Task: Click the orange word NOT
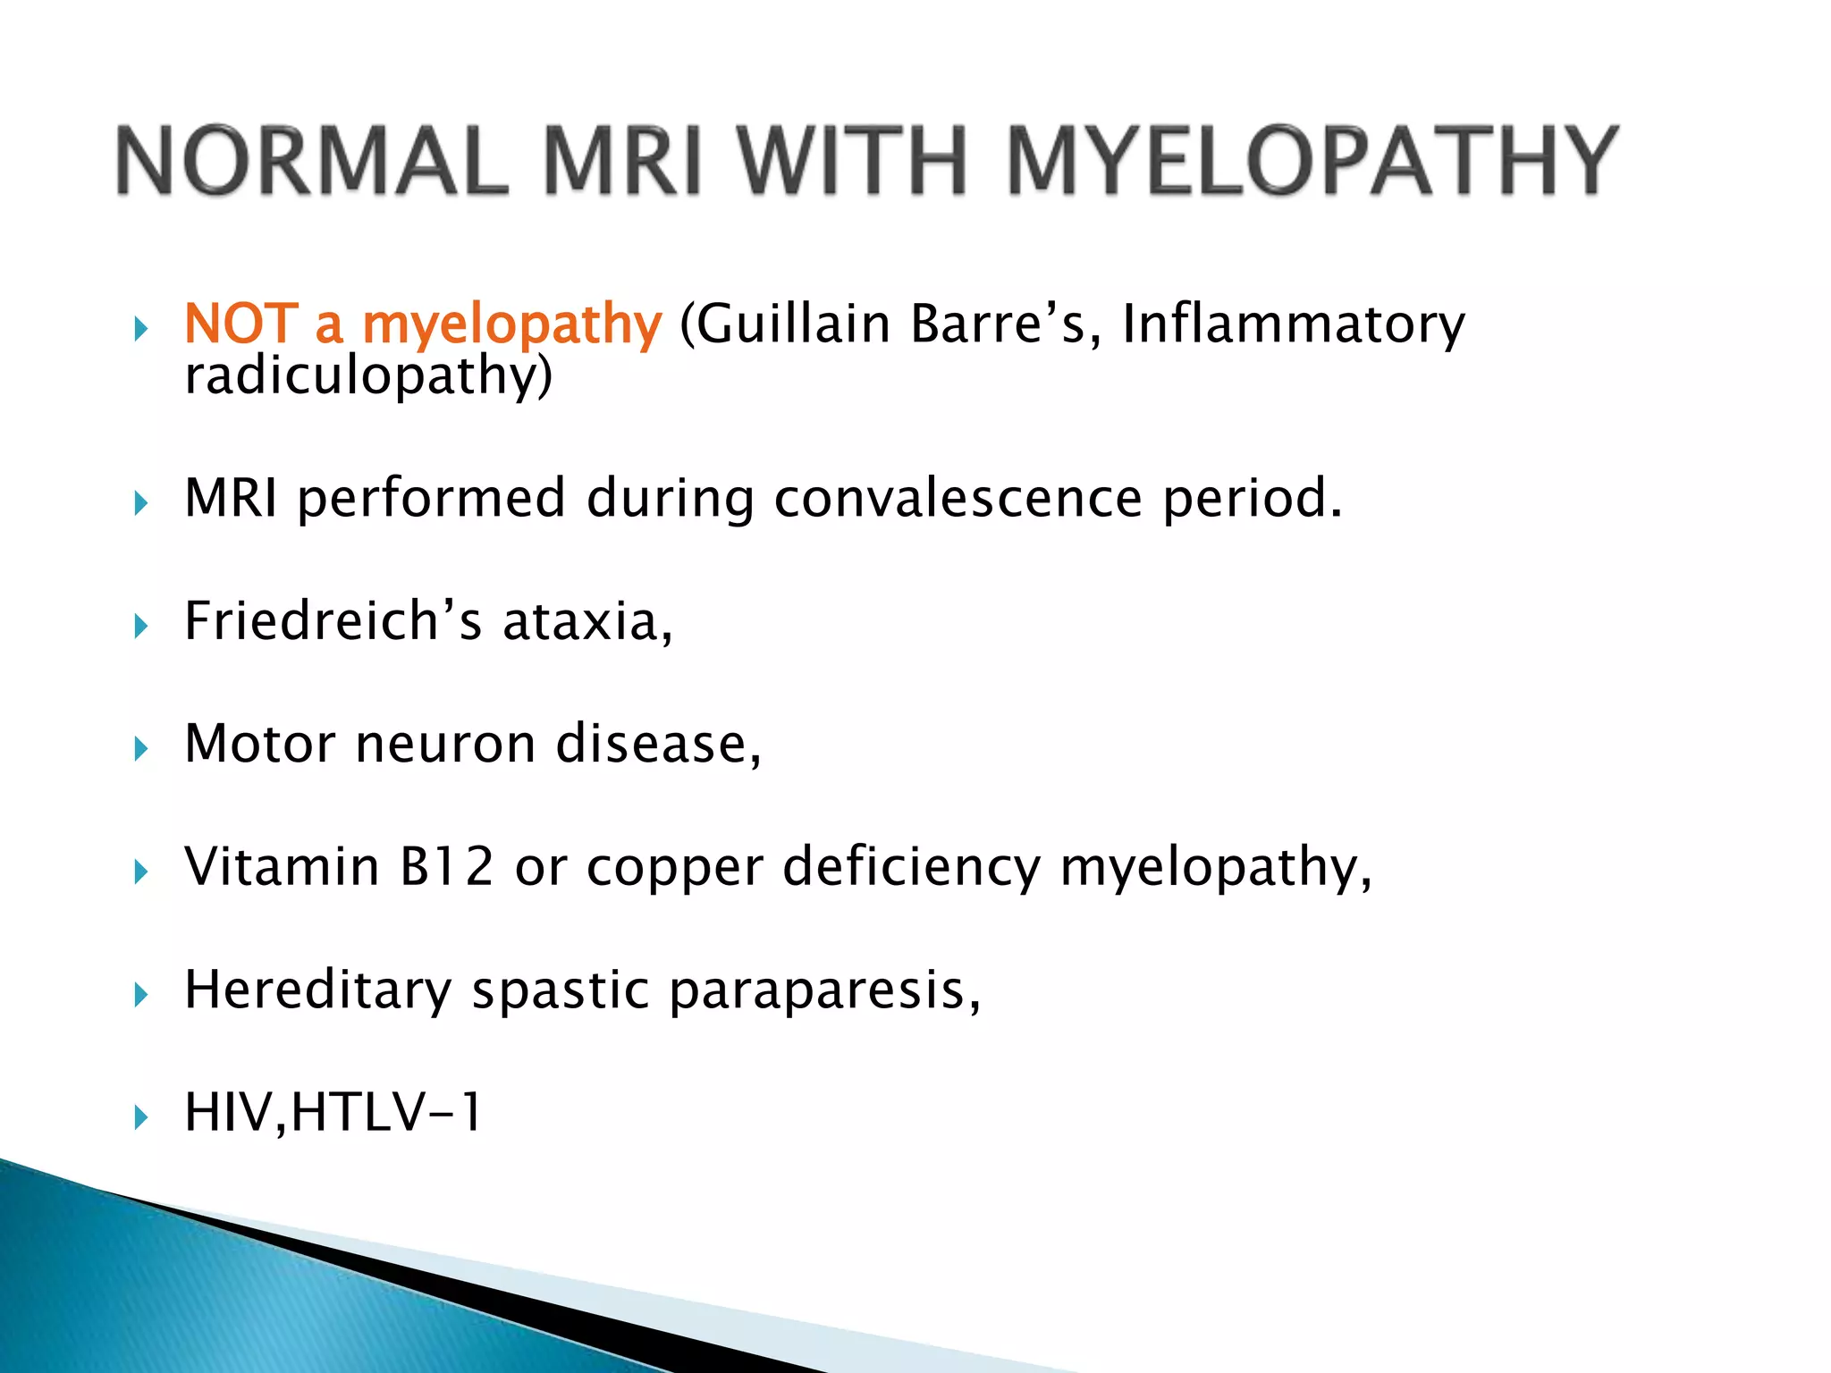coord(240,324)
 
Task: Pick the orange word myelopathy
coord(511,325)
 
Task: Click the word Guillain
coord(792,324)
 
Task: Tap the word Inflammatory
coord(1294,325)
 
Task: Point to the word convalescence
coord(958,498)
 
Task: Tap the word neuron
coord(445,744)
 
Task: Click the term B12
coord(446,866)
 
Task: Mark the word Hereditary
coord(317,990)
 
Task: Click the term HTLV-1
coord(385,1113)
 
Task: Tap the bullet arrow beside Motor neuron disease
coord(141,748)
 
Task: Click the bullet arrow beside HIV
coord(141,1117)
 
